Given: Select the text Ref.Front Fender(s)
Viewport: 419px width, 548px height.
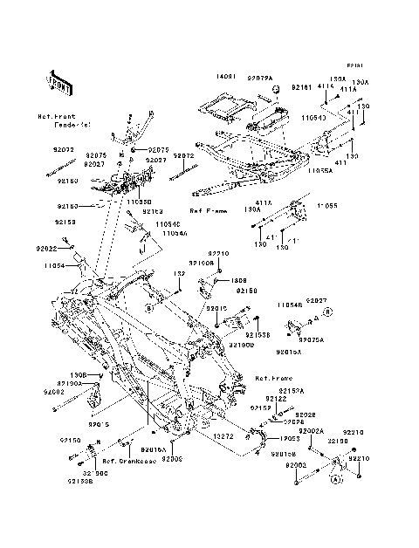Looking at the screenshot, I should [x=56, y=120].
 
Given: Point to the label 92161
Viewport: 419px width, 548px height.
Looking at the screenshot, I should [x=301, y=87].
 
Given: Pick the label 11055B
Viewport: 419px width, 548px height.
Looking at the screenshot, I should [x=138, y=201].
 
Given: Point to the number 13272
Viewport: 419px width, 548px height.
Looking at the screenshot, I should [x=224, y=434].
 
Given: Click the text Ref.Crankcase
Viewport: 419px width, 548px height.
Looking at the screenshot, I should [x=127, y=461].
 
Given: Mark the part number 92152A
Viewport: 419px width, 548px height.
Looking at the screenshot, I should [x=291, y=391].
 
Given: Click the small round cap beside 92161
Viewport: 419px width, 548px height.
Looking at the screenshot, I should [x=275, y=90].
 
